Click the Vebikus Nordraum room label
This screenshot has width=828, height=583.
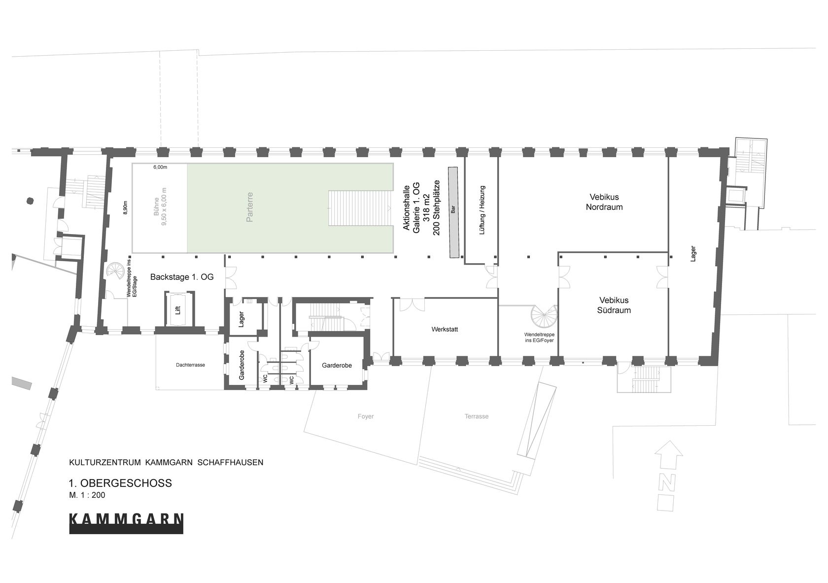[x=604, y=202]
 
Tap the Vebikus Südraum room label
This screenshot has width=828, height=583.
[x=614, y=305]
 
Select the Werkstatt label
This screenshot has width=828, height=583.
[x=445, y=329]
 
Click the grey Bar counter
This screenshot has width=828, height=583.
[x=453, y=212]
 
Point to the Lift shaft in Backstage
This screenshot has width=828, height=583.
[x=178, y=309]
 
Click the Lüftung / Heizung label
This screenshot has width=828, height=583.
[x=482, y=210]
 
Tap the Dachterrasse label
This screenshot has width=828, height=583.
[x=190, y=365]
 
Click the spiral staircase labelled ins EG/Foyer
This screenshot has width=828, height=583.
[x=544, y=316]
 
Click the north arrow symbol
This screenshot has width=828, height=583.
[x=668, y=476]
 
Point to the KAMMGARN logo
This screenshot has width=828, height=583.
[x=126, y=523]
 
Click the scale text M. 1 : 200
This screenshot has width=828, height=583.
[x=87, y=495]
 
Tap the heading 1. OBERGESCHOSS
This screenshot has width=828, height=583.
[x=120, y=483]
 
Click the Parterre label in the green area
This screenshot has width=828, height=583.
[x=250, y=207]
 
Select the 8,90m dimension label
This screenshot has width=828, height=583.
[x=125, y=207]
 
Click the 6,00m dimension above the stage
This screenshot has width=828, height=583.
[x=160, y=167]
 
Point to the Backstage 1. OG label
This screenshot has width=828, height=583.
[x=182, y=277]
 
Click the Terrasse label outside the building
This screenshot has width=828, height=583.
[x=477, y=416]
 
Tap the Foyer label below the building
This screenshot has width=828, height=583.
[x=366, y=416]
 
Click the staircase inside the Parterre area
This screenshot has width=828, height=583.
[x=360, y=208]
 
